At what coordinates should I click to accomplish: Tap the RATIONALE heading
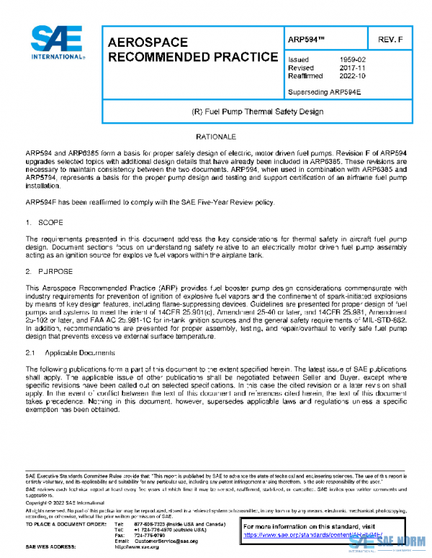coord(216,136)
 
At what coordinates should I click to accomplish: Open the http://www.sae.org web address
coord(137,547)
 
